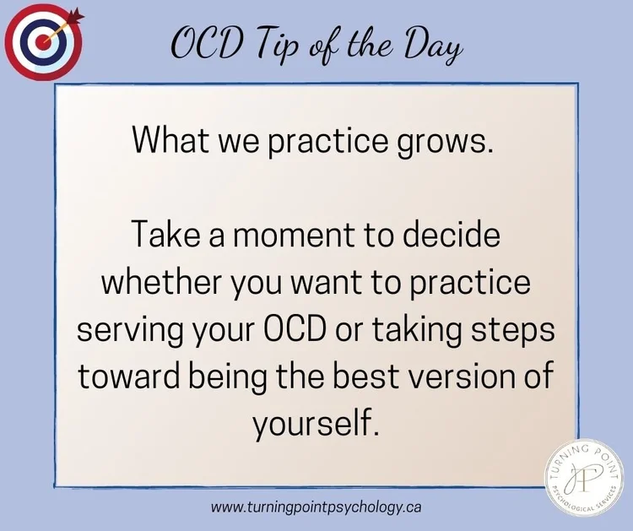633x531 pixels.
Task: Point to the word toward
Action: pos(125,377)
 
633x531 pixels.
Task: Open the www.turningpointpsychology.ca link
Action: pos(316,507)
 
